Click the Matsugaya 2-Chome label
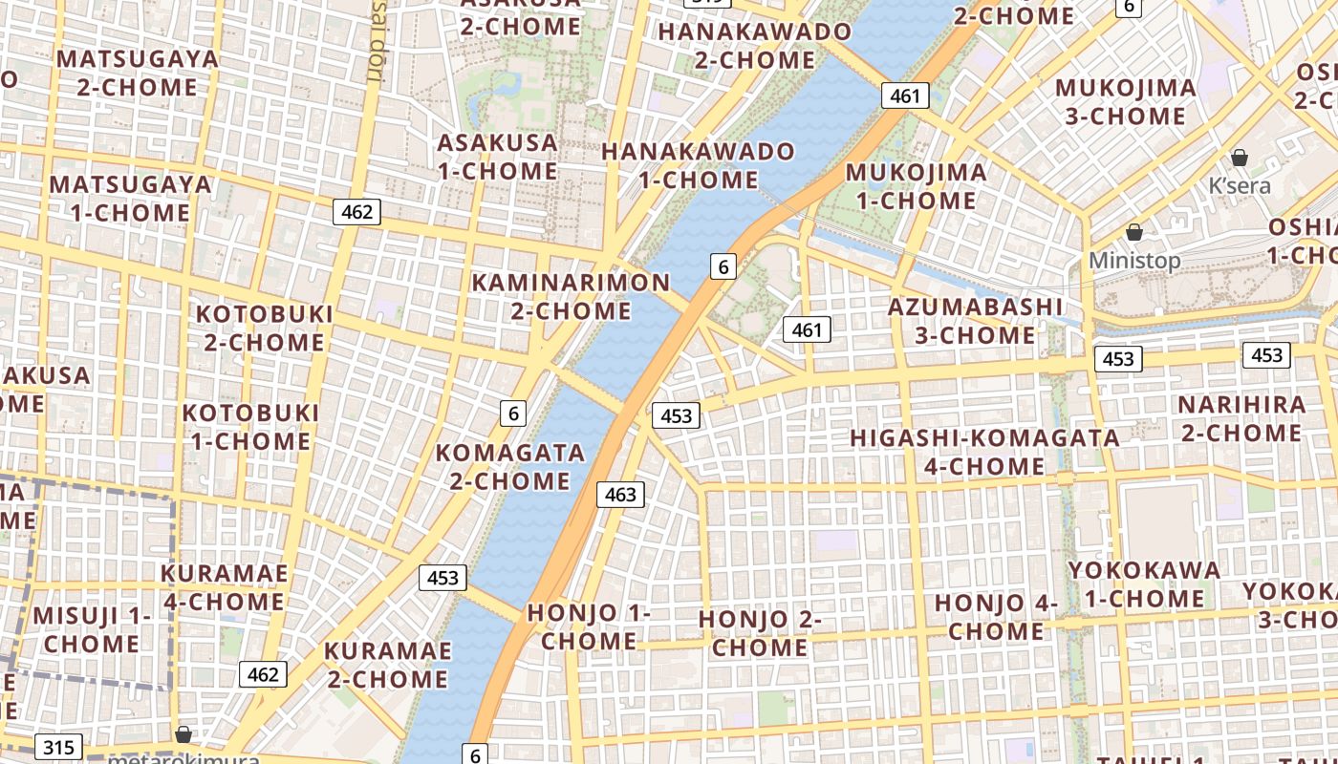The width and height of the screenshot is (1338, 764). point(138,73)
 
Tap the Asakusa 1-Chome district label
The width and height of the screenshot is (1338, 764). point(497,157)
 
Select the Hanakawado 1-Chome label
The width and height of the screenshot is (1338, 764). point(698,165)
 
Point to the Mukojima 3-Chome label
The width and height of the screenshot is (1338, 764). point(1125,101)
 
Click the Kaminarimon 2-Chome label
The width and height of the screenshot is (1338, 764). point(571,296)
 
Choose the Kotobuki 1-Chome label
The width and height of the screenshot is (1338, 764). point(250,427)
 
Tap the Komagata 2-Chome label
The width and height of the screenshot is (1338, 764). point(509,466)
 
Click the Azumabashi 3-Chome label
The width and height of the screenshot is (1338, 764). point(975,321)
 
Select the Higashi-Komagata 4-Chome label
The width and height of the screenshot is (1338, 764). point(984,452)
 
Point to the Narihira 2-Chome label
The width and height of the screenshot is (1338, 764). point(1241,418)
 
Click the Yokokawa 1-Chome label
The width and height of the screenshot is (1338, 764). point(1144,584)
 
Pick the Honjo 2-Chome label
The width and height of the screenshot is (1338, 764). point(760,632)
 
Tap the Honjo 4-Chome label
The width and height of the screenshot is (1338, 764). point(996,617)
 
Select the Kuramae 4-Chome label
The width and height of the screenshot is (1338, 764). point(224,587)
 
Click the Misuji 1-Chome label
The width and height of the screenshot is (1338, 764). point(92,629)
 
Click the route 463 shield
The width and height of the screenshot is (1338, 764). point(620,495)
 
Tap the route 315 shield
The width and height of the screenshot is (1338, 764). point(58,747)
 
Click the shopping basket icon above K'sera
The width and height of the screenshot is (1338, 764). point(1240,158)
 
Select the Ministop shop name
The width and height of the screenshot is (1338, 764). point(1134,261)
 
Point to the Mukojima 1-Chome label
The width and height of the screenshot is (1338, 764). point(917,186)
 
